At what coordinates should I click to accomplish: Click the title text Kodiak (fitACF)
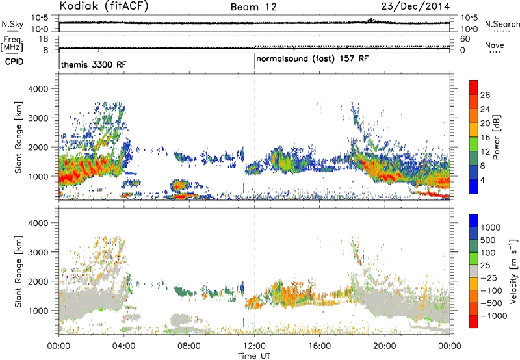click(x=104, y=6)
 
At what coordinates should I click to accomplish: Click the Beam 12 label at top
click(x=253, y=6)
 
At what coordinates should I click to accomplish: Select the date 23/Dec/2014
click(x=415, y=6)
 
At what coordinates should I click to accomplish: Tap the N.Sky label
click(x=12, y=24)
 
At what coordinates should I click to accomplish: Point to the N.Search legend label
click(x=502, y=24)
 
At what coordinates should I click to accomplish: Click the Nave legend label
click(x=495, y=45)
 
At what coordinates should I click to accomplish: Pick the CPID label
click(x=14, y=62)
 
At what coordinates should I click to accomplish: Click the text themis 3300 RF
click(x=94, y=64)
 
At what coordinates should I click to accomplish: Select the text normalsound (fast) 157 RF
click(x=313, y=59)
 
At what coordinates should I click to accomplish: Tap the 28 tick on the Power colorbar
click(x=485, y=95)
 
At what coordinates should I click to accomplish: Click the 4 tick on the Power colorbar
click(x=482, y=181)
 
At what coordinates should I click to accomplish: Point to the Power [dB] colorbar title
click(x=497, y=137)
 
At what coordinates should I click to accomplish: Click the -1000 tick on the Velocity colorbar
click(x=494, y=316)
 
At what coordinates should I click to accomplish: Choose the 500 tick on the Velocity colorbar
click(x=488, y=240)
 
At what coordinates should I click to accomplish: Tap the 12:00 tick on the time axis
click(x=254, y=346)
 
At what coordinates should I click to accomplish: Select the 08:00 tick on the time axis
click(x=189, y=346)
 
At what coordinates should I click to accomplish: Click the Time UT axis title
click(x=254, y=356)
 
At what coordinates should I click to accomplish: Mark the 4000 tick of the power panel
click(x=38, y=89)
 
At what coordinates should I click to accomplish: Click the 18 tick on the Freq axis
click(x=44, y=39)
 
